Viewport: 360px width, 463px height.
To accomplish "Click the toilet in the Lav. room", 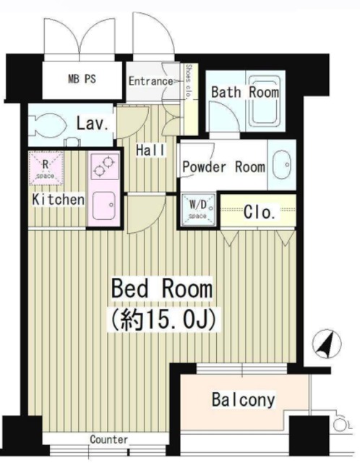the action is (x=47, y=125).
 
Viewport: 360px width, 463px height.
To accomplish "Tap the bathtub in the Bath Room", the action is (x=265, y=101).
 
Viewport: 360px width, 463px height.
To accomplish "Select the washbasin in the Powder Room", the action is (x=282, y=165).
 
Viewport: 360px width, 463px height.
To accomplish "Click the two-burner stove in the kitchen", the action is (x=105, y=166).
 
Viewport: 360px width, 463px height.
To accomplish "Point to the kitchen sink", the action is (x=104, y=205).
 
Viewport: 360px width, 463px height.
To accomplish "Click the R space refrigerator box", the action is (x=46, y=168).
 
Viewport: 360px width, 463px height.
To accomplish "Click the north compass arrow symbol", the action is (x=327, y=344).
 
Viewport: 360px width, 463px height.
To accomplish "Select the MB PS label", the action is (x=82, y=79).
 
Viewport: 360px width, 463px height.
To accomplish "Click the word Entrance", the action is (x=150, y=81).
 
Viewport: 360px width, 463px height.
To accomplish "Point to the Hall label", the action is (x=150, y=150).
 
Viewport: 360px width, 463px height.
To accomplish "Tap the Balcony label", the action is (x=244, y=400).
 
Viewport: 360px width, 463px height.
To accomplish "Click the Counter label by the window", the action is (x=109, y=439).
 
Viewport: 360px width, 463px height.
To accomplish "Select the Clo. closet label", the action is (x=260, y=212).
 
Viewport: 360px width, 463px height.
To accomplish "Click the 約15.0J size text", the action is (x=163, y=320).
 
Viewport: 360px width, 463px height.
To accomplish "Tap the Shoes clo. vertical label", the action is (x=189, y=82).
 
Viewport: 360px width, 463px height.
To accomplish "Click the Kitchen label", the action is (x=58, y=200).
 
